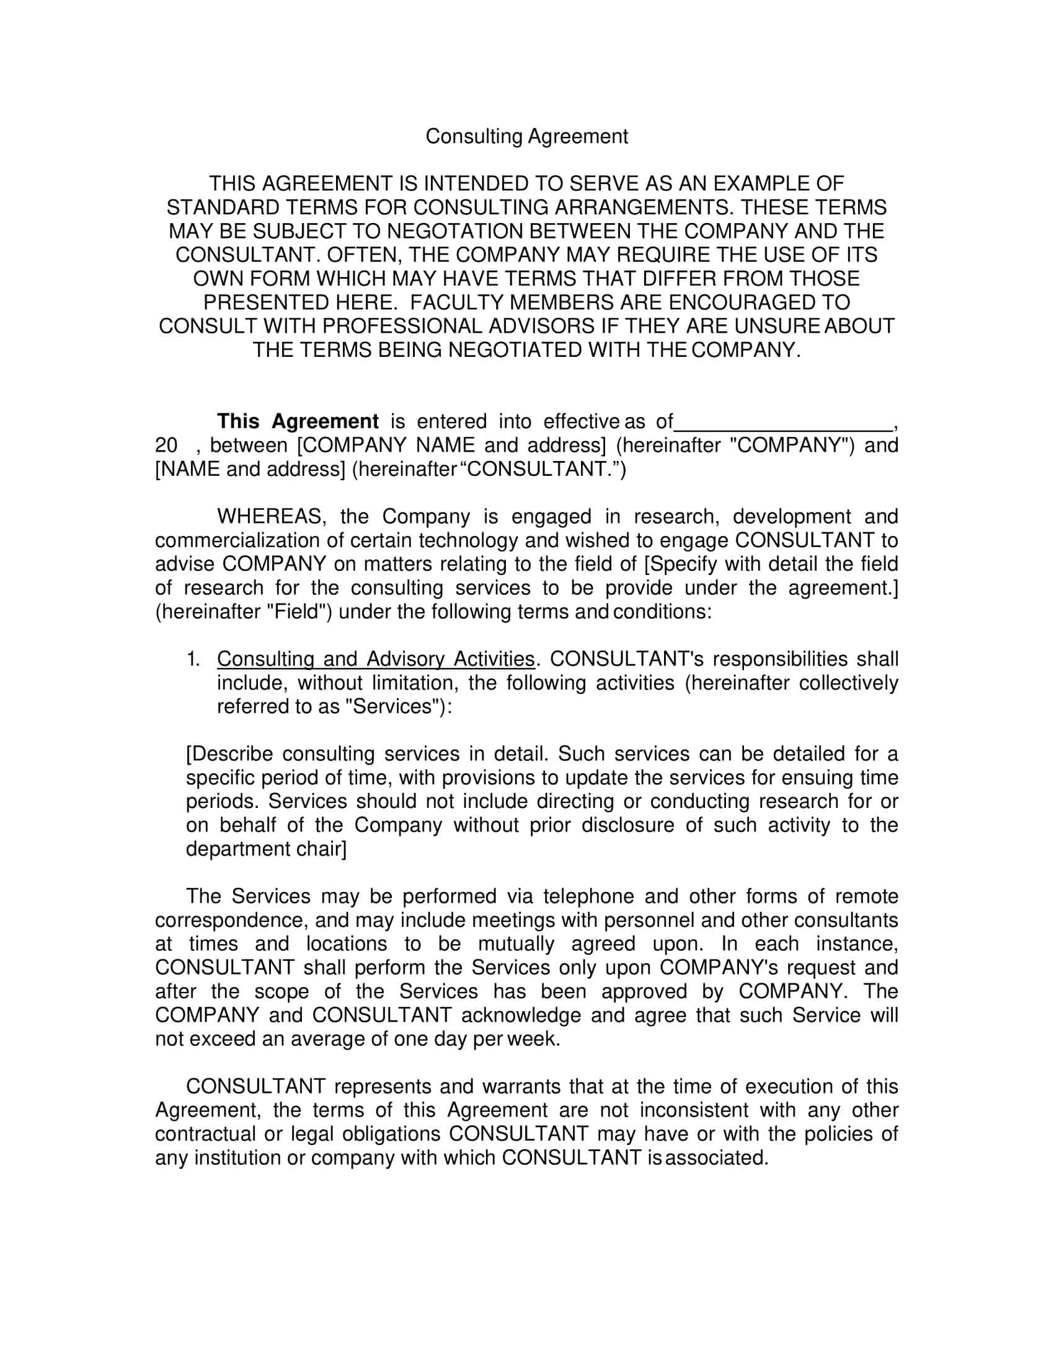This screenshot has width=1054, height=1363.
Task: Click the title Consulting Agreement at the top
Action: click(526, 137)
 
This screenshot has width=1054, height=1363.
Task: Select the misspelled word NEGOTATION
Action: click(455, 232)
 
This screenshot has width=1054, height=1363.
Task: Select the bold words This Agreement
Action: click(297, 422)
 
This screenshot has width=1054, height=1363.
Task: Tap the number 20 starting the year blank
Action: click(166, 445)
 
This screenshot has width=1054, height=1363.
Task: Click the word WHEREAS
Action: click(268, 517)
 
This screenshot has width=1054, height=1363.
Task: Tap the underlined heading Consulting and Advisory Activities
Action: click(376, 660)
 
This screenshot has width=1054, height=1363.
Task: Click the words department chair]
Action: click(266, 849)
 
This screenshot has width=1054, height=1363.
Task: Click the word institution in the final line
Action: click(237, 1158)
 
